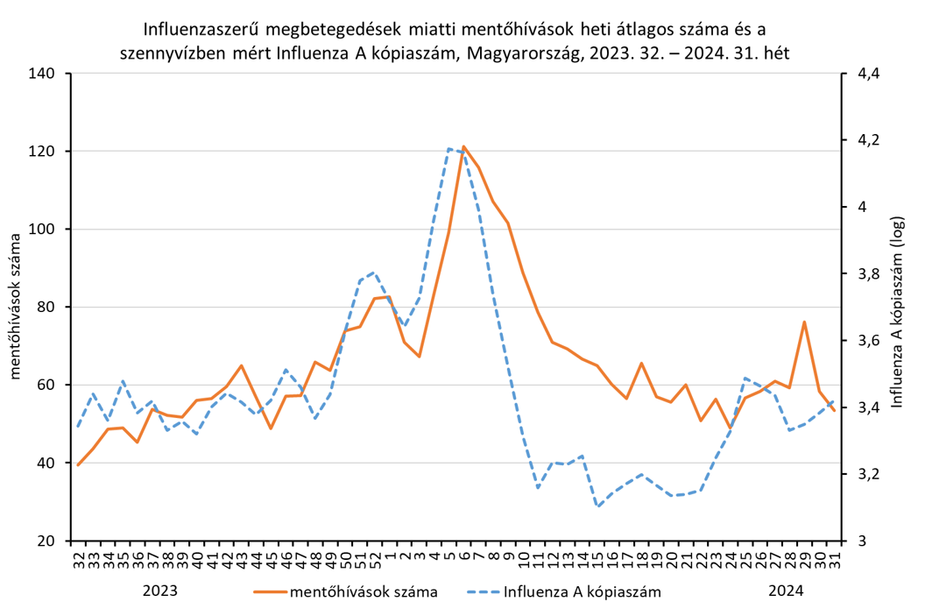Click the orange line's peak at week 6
tap(463, 146)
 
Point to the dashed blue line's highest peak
tap(448, 148)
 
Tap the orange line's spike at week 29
tap(804, 322)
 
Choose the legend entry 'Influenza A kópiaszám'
tap(582, 591)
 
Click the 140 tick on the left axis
tap(44, 74)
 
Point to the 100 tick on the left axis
tap(44, 230)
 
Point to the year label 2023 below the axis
tap(159, 591)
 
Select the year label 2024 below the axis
tap(786, 591)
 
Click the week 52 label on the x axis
tap(374, 558)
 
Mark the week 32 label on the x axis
tap(78, 558)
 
